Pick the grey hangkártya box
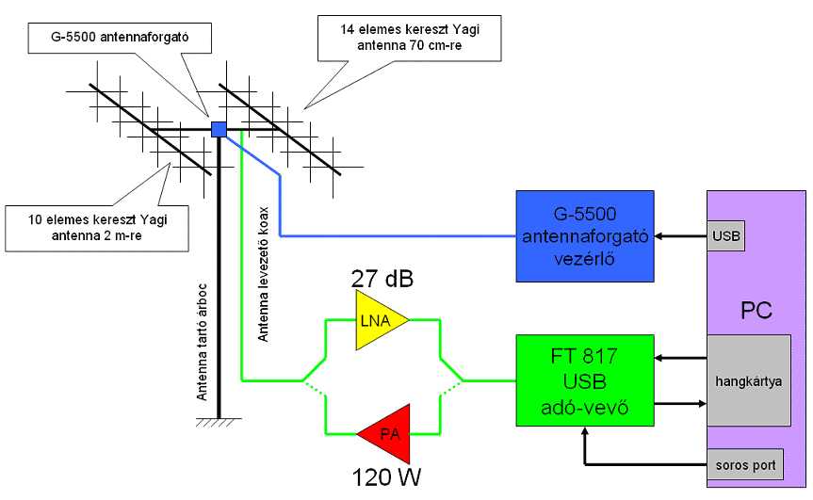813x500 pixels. [x=749, y=381]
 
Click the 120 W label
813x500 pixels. [x=385, y=477]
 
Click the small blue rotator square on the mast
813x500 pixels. [x=219, y=129]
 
